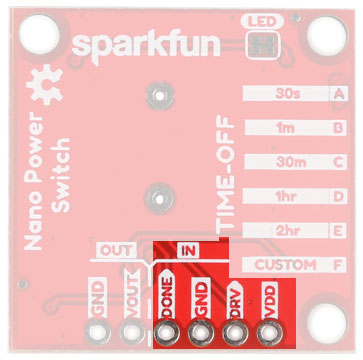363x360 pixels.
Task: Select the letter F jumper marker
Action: coord(338,265)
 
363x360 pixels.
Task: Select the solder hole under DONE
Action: coord(167,332)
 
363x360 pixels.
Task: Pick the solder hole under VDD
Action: coord(269,332)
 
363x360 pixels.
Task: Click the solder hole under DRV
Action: coord(235,332)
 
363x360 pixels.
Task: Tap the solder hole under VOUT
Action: coord(131,332)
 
